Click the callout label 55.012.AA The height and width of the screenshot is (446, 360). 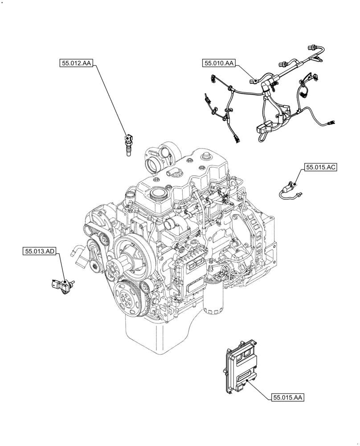coord(75,64)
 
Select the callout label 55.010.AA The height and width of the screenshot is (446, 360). coord(220,64)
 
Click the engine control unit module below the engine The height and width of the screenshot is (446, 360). coord(240,368)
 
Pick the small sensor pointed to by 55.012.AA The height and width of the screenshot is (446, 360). coord(129,144)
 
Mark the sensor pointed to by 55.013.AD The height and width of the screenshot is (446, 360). coord(61,285)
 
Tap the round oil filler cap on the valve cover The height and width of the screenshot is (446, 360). coord(157,193)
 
